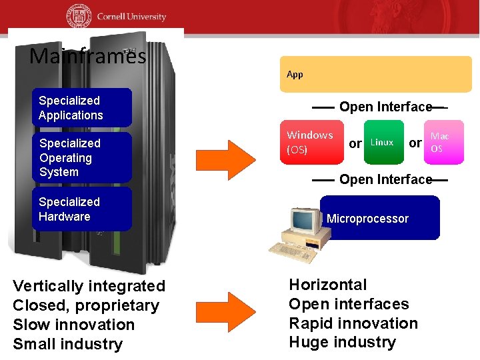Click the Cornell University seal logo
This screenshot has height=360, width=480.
click(x=79, y=16)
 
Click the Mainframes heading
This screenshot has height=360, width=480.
click(x=87, y=56)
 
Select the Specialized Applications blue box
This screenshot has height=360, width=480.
click(x=82, y=108)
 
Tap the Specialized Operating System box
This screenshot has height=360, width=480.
click(x=82, y=158)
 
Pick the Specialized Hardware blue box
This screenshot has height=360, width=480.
click(x=82, y=209)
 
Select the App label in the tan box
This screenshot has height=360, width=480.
click(x=295, y=74)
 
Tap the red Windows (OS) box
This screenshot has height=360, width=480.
click(x=311, y=142)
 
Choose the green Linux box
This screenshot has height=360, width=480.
click(x=383, y=142)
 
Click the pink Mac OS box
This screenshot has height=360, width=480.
click(x=443, y=142)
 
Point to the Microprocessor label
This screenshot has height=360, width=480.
click(x=367, y=219)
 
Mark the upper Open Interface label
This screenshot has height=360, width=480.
click(x=385, y=107)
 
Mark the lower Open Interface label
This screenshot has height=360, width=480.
click(x=385, y=179)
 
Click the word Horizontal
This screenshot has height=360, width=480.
click(x=327, y=285)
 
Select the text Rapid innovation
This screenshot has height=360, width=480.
click(x=353, y=323)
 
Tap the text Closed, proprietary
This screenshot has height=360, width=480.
click(x=86, y=306)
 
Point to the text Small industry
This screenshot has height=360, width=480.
click(x=68, y=344)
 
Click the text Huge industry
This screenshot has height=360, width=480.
click(x=342, y=343)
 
